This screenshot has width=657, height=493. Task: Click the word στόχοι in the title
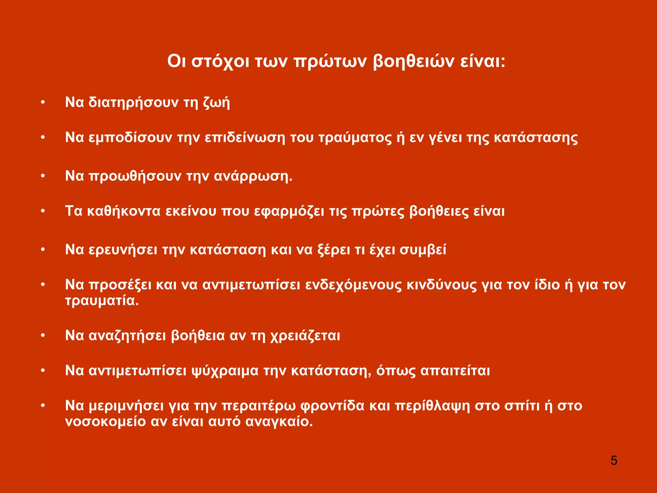click(x=220, y=62)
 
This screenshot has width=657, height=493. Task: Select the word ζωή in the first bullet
click(x=217, y=103)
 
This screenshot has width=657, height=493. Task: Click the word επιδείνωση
click(x=245, y=138)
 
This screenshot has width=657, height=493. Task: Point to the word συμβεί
click(x=423, y=250)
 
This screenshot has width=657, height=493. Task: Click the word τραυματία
click(x=102, y=301)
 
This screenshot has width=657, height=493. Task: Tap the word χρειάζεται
click(x=305, y=336)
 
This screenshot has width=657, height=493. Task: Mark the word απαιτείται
click(x=455, y=371)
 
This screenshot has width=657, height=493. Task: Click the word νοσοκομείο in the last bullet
click(x=106, y=421)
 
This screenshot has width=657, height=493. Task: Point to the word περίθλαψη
click(x=432, y=406)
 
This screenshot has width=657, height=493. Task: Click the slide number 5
click(x=614, y=461)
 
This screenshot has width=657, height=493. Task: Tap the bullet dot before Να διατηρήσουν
click(x=43, y=103)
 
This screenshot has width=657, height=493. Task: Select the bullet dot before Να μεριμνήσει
click(x=43, y=406)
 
